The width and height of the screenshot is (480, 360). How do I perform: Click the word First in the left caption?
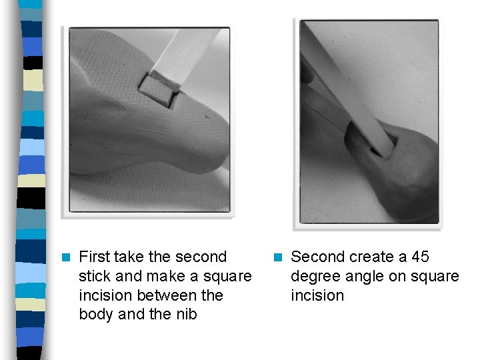click(94, 257)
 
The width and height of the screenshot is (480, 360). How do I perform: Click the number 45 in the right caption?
click(420, 257)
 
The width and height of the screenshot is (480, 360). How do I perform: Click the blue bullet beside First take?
click(66, 257)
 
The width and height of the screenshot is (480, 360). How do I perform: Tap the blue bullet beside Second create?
click(278, 257)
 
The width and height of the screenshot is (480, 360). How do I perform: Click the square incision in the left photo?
click(157, 91)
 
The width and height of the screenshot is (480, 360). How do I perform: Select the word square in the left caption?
click(227, 277)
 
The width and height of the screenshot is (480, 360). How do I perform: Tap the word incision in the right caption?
click(317, 295)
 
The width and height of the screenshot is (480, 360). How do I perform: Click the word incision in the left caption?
click(105, 295)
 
